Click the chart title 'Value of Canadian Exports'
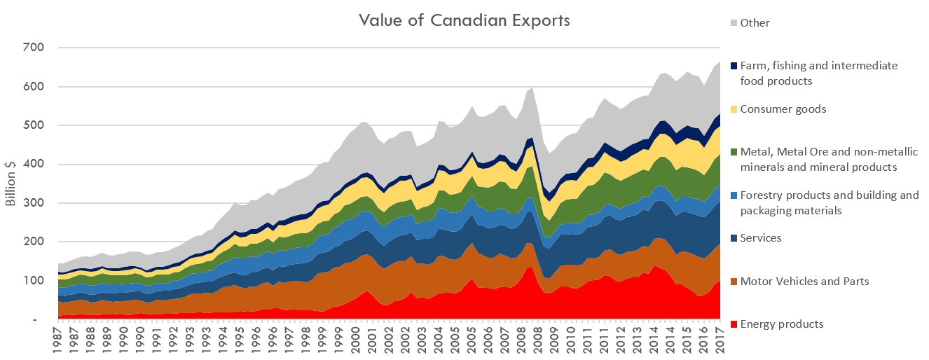click(x=464, y=20)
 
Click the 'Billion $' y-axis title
click(x=11, y=184)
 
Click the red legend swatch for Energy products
click(x=733, y=324)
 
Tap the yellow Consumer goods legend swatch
click(x=733, y=109)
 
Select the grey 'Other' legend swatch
click(x=733, y=23)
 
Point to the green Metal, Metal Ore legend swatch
click(x=733, y=152)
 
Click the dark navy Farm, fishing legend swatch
click(x=733, y=66)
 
